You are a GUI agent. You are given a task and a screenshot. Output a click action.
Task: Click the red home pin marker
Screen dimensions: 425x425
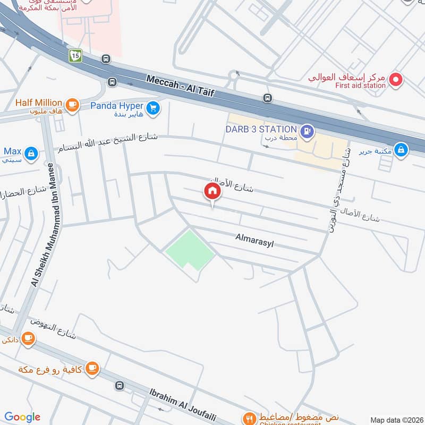(212, 191)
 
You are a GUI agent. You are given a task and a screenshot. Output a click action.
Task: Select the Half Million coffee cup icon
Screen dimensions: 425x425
(73, 104)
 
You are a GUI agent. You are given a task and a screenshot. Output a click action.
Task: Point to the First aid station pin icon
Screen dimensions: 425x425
(396, 80)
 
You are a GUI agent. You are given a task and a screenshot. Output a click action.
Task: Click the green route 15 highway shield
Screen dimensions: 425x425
(75, 55)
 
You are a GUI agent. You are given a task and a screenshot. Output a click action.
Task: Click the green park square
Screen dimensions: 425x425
(190, 250)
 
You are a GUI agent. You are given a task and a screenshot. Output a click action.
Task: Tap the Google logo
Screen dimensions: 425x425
(22, 417)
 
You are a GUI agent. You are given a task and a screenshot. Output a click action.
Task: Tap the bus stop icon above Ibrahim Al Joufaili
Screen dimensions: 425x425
(120, 386)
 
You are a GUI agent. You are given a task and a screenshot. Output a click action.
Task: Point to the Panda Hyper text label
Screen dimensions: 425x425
(116, 105)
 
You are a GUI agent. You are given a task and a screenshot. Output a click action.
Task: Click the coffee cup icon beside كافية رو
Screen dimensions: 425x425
(92, 367)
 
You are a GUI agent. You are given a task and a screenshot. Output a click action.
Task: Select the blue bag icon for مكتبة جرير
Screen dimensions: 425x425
(402, 150)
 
